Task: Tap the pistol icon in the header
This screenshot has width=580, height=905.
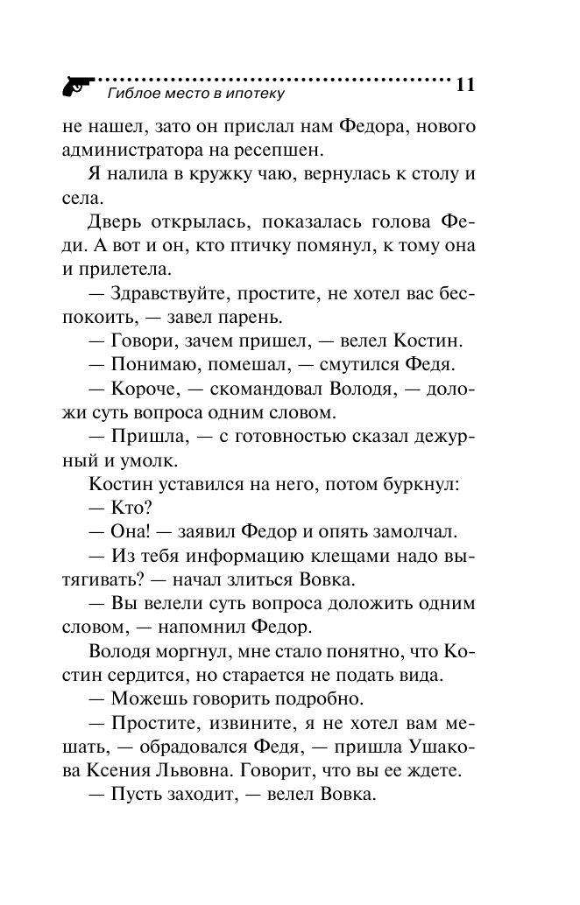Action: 78,85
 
